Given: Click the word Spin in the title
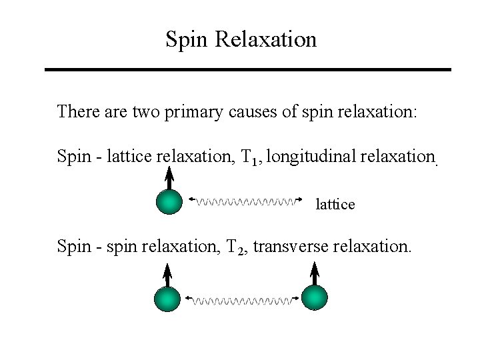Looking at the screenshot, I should pyautogui.click(x=187, y=39).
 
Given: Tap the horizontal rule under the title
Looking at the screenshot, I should pyautogui.click(x=247, y=69).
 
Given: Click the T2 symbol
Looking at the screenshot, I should pyautogui.click(x=235, y=249).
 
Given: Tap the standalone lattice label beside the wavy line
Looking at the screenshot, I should pyautogui.click(x=335, y=205).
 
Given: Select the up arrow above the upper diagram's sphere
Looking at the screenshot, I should pyautogui.click(x=169, y=179).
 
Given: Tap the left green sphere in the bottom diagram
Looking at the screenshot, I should pyautogui.click(x=167, y=299).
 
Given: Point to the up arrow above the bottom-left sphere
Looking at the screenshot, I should pyautogui.click(x=167, y=275).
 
